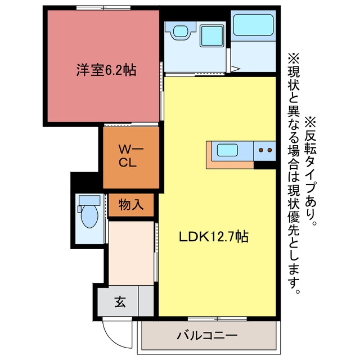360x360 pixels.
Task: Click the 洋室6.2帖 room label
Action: pos(106,70)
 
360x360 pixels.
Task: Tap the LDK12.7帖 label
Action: pos(214,236)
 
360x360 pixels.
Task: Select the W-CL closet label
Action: pos(131,156)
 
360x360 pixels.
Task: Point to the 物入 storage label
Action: pos(131,205)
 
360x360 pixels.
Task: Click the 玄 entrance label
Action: pos(120,301)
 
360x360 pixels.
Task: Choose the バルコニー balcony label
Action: pos(207,335)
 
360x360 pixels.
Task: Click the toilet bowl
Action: pos(89,216)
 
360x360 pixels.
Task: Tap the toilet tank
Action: pos(89,200)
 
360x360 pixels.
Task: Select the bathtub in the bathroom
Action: pos(253,25)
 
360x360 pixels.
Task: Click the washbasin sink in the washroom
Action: pos(181,31)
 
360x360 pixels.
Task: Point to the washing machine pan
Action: pos(211,36)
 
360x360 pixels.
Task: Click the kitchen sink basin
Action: pos(227,150)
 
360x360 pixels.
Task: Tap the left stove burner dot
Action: pos(261,150)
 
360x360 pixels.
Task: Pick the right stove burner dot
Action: pos(270,150)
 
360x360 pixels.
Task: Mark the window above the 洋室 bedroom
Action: pos(103,8)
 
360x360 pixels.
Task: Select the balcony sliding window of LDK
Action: pos(217,318)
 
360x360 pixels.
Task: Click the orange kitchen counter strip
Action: pos(229,165)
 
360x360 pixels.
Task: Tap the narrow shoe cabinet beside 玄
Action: pos(146,301)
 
